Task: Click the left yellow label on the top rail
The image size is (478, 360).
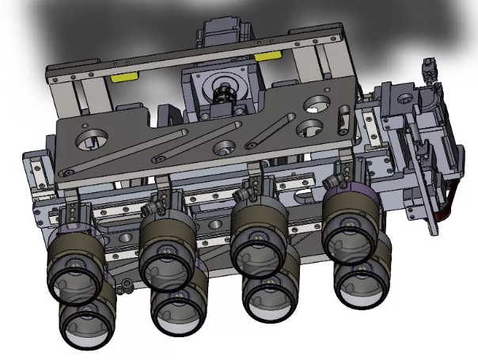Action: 123,78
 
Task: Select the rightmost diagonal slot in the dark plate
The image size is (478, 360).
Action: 273,131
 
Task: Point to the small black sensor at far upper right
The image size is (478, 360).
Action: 430,71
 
